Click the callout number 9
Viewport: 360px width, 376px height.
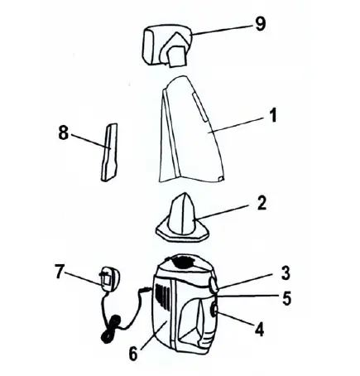pyautogui.click(x=262, y=24)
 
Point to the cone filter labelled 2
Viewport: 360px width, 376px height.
pyautogui.click(x=182, y=218)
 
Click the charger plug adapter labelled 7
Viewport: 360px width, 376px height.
pyautogui.click(x=105, y=280)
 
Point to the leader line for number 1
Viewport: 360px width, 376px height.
pyautogui.click(x=236, y=124)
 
